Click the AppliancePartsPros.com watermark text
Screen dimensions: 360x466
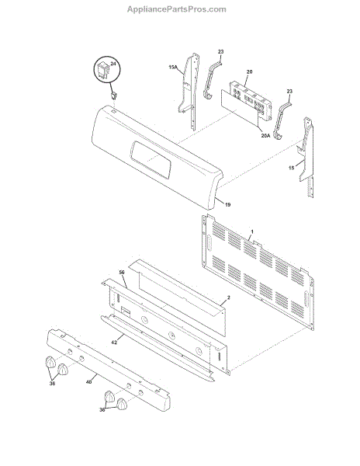(177, 9)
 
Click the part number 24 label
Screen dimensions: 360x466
(113, 64)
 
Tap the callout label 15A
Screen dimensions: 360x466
(173, 68)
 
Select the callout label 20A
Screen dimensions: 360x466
(265, 136)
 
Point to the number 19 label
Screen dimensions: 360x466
(227, 204)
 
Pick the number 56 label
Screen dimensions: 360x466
(122, 273)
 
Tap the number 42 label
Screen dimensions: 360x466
(114, 343)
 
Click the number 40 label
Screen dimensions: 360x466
(88, 382)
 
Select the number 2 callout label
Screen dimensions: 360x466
(228, 297)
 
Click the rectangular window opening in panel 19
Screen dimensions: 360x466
(151, 159)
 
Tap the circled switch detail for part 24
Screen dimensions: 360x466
(107, 71)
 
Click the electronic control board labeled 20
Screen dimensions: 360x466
(251, 100)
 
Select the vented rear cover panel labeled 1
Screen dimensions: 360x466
(258, 272)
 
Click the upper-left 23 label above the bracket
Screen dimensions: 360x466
(221, 52)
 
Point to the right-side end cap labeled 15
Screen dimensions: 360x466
(306, 158)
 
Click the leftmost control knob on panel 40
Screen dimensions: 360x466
(50, 362)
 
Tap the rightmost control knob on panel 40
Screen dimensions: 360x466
(122, 404)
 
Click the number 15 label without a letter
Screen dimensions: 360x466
(292, 168)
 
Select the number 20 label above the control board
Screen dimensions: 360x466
(249, 71)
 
